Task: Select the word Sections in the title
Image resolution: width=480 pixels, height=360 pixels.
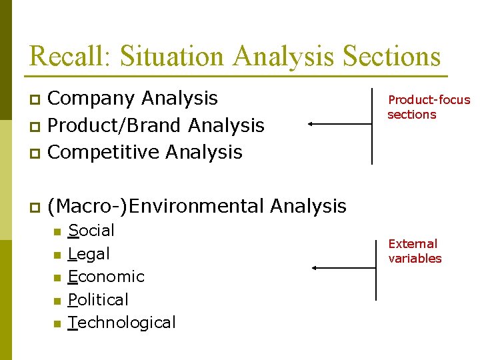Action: coord(391,56)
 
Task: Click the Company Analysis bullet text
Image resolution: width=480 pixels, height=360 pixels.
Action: coord(133,99)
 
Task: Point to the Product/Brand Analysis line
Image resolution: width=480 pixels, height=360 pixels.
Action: coord(157,125)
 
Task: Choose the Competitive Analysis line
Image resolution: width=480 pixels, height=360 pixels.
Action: coord(145,152)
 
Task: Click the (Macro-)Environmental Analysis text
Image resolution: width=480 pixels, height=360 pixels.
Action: coord(197,206)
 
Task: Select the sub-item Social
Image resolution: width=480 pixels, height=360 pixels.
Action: coord(91,231)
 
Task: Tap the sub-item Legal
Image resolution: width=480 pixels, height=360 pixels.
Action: coord(89,254)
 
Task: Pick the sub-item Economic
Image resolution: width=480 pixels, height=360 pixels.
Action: coord(106,277)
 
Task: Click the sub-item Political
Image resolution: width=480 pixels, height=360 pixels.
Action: coord(98,300)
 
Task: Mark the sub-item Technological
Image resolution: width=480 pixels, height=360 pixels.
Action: coord(122,323)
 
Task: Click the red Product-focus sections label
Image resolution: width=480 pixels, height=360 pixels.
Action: coord(429,107)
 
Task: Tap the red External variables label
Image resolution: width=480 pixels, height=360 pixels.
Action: coord(415,251)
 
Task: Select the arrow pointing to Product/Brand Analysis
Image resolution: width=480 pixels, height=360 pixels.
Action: coord(339,124)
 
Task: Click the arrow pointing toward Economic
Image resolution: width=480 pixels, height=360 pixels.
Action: coord(344,268)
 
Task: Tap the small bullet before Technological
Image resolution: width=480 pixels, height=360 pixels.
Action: coord(57,324)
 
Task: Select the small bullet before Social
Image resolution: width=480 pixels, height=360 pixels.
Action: coord(57,232)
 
